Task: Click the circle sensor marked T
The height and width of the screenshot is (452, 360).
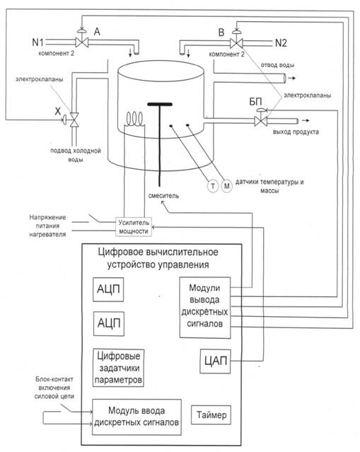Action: (213, 186)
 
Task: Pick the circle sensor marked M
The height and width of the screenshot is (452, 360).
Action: (227, 186)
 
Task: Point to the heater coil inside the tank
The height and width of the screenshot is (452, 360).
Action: (134, 119)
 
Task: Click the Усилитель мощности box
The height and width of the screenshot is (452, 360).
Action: (134, 227)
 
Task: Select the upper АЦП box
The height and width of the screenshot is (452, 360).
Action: (108, 289)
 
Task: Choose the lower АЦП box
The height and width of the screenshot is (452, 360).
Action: (109, 323)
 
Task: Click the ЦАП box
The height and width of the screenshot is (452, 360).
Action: (215, 361)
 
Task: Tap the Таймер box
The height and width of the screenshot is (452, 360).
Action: (211, 415)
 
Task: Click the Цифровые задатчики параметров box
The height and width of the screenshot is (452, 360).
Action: (118, 368)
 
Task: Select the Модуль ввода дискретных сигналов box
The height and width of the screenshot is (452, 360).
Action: (137, 417)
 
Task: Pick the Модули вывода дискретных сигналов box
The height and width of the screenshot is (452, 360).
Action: (205, 307)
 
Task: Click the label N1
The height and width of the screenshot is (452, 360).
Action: (37, 42)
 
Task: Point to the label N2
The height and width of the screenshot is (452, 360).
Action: (281, 43)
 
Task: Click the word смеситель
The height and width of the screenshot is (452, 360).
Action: (163, 196)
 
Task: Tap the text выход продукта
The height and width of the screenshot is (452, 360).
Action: (296, 132)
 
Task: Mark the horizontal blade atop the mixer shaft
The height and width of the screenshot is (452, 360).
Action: (160, 104)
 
